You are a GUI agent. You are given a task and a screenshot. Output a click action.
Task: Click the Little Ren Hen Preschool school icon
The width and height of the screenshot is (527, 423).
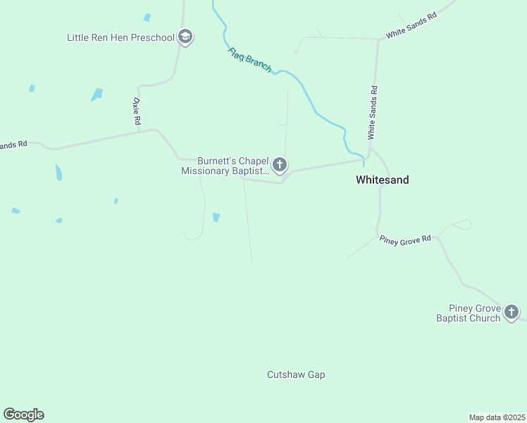(x=185, y=37)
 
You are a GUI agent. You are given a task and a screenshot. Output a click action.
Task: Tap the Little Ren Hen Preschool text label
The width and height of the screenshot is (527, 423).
(x=120, y=37)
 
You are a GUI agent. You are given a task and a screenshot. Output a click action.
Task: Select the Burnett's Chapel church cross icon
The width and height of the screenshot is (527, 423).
(x=280, y=166)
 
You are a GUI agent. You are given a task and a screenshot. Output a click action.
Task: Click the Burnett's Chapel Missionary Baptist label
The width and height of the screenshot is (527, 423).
(x=225, y=166)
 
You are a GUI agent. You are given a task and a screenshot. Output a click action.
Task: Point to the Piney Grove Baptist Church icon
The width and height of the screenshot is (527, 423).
(x=512, y=312)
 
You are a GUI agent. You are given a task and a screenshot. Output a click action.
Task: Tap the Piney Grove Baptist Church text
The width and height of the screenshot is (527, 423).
(x=474, y=313)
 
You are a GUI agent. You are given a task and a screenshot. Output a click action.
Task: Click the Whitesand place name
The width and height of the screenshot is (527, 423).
(x=382, y=180)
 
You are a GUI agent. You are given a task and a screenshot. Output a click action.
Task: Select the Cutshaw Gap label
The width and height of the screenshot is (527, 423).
(x=296, y=375)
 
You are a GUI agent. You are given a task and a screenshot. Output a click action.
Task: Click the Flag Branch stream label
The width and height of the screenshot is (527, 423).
(x=249, y=59)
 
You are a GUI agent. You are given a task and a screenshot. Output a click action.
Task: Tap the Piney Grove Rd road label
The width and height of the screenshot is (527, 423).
(x=405, y=240)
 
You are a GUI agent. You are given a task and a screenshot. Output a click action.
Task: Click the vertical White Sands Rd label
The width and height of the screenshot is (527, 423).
(x=373, y=112)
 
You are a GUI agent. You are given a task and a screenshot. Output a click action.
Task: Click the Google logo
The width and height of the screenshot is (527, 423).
(x=23, y=415)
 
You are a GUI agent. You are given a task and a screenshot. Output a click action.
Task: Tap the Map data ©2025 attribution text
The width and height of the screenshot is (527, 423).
(x=497, y=417)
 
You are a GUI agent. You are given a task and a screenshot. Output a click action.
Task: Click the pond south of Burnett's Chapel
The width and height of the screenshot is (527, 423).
(x=216, y=217)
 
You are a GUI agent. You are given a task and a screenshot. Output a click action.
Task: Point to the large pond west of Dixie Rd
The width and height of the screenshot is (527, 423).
(x=97, y=94)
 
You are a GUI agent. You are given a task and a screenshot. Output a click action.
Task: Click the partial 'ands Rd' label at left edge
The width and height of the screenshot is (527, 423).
(x=13, y=145)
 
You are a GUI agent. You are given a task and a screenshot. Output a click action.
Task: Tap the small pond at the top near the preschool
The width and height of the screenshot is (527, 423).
(x=147, y=17)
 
